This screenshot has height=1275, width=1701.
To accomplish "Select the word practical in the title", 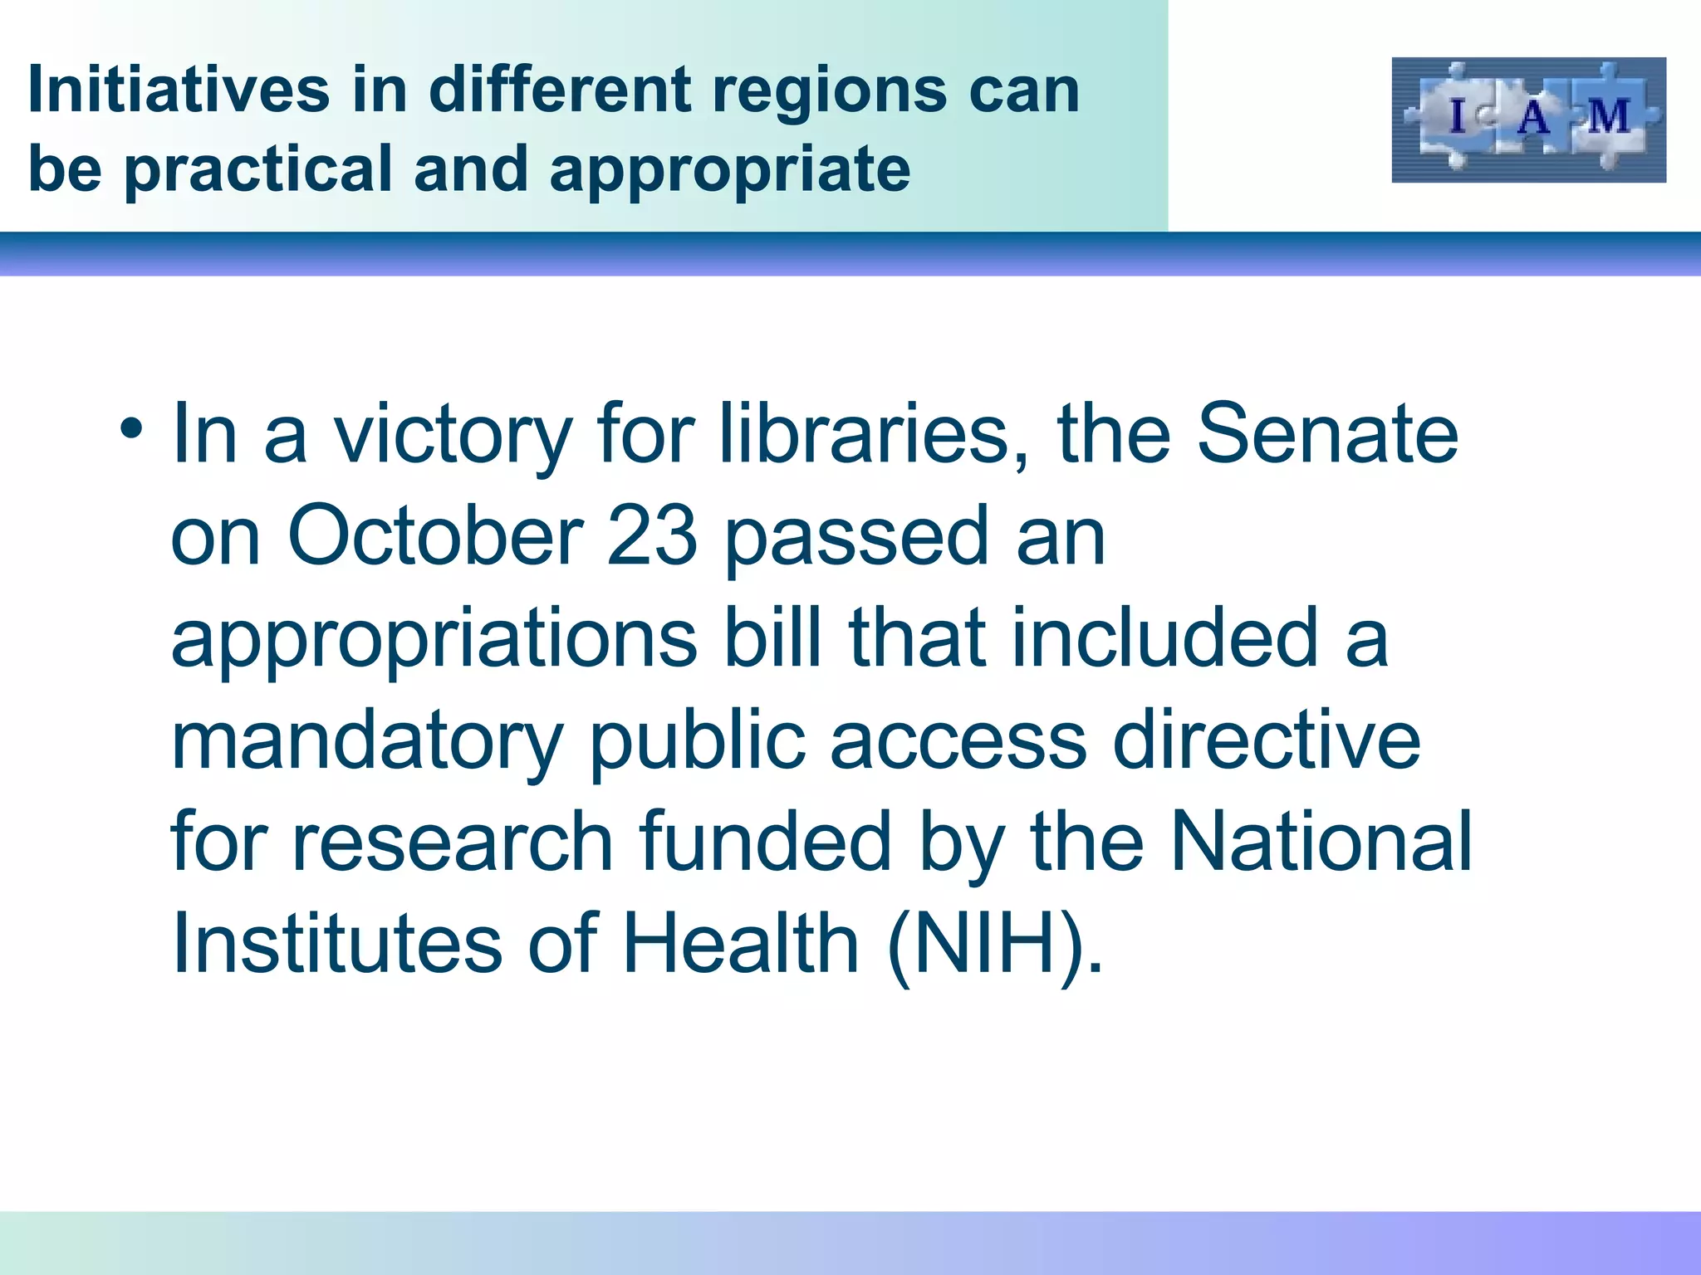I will coord(257,170).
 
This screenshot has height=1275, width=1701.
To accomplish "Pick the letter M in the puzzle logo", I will coord(1609,117).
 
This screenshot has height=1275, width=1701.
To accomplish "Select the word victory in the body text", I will coord(453,436).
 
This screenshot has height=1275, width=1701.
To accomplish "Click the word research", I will coord(453,842).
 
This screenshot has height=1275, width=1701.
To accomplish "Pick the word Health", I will coord(740,944).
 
